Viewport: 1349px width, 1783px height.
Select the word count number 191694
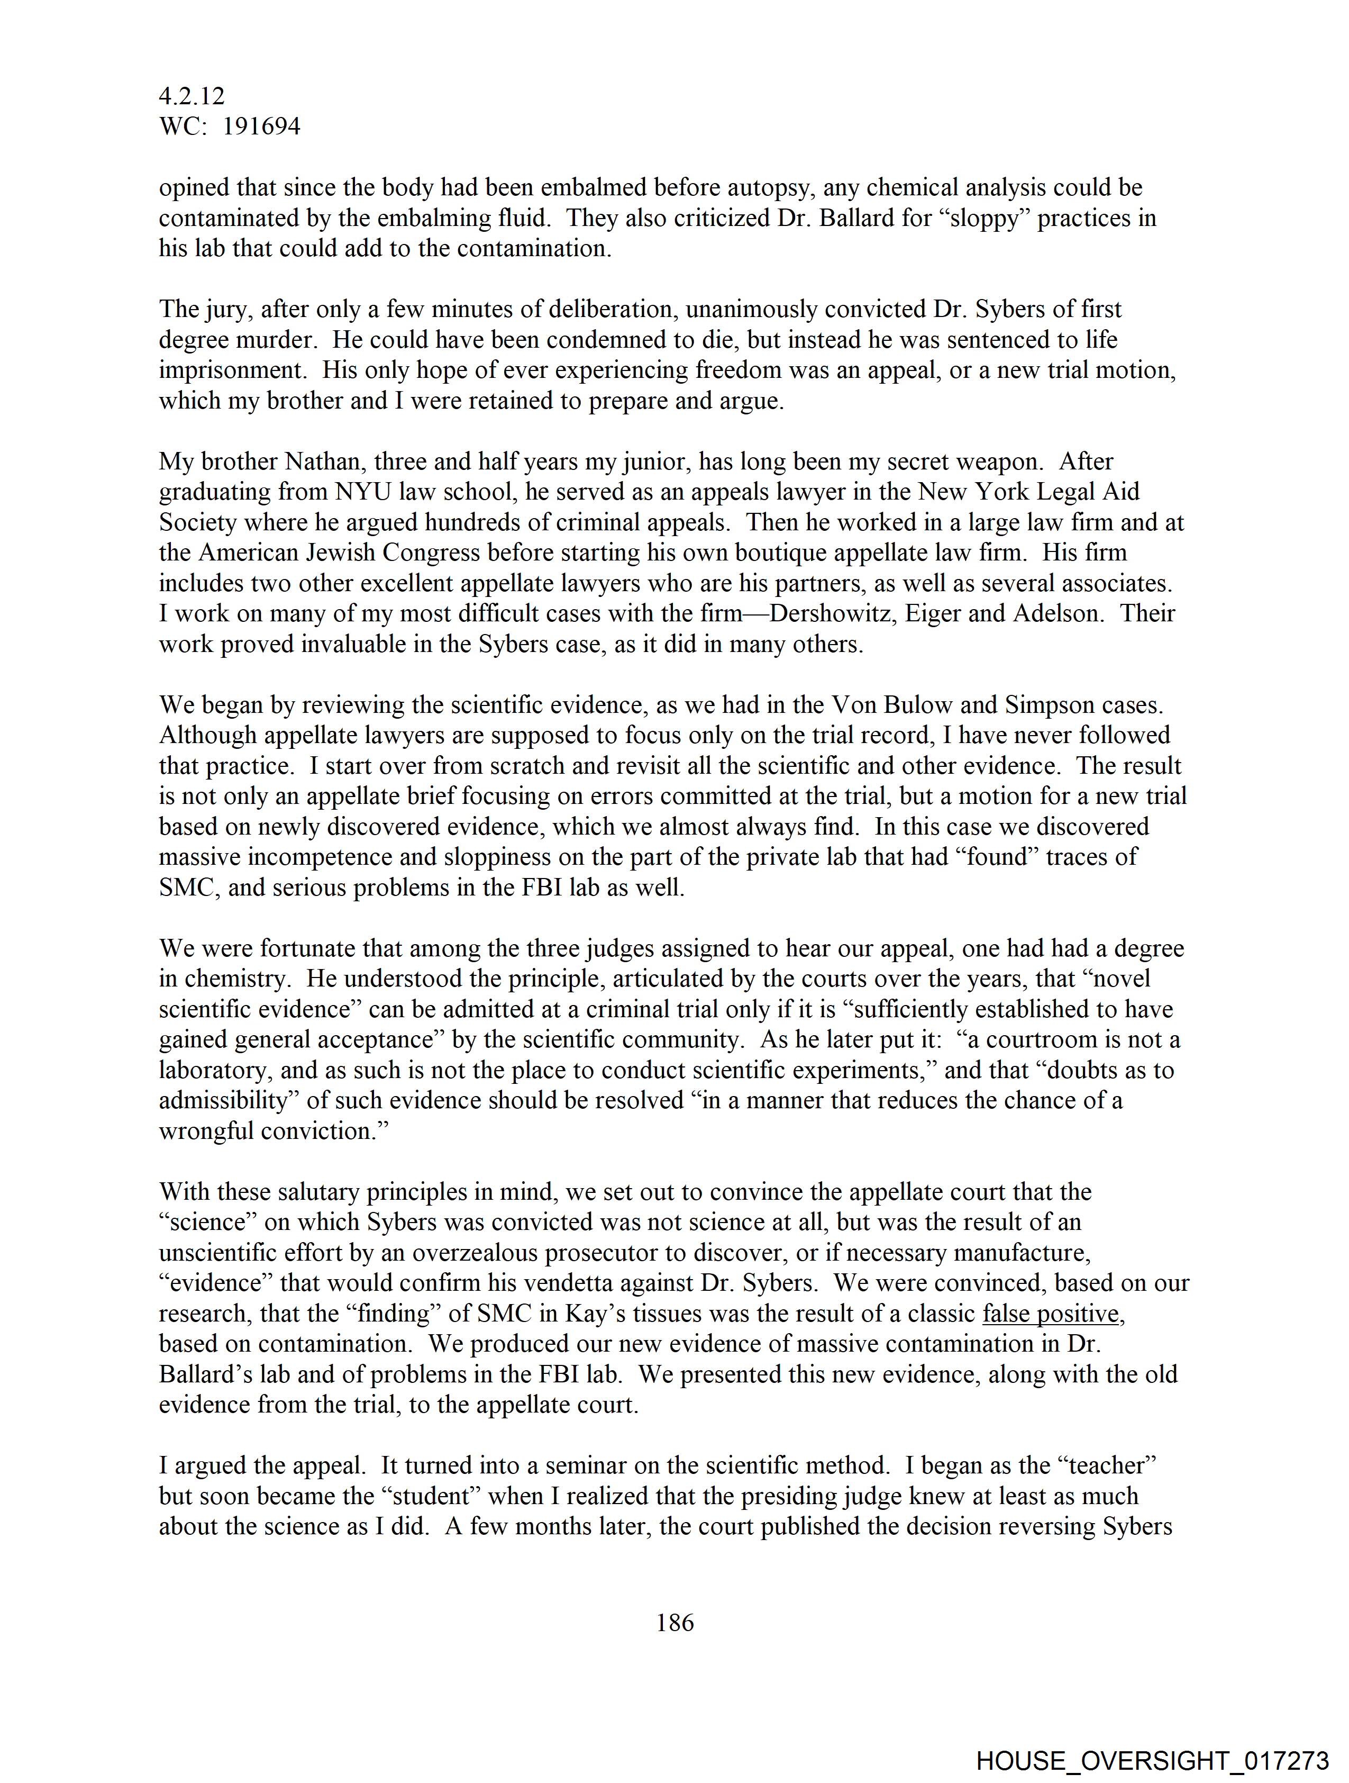click(261, 126)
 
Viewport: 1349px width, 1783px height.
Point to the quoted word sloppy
click(979, 219)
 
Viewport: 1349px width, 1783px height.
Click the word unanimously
click(763, 310)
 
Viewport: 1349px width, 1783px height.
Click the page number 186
click(674, 1623)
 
